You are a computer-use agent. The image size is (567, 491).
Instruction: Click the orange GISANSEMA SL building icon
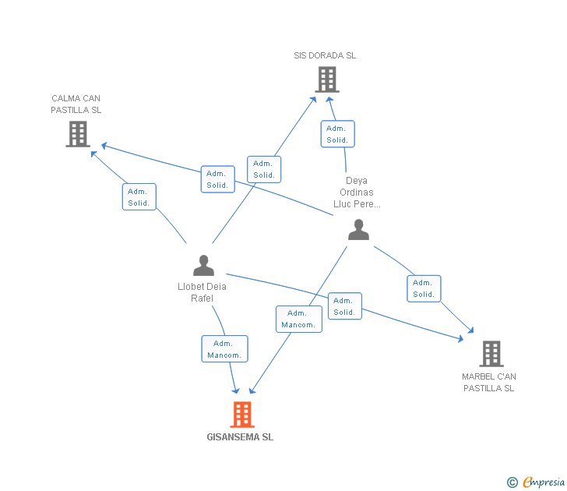coord(242,414)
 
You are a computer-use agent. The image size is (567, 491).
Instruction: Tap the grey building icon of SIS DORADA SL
coord(327,79)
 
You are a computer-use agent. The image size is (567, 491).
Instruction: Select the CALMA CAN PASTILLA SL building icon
coord(78,133)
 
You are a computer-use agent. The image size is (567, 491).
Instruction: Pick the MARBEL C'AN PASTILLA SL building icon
coord(491,353)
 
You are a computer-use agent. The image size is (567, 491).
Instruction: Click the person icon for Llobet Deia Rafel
coord(202,265)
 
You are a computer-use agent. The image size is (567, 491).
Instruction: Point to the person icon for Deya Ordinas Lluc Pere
coord(358,229)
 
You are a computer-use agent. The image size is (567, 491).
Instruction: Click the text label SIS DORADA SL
coord(325,55)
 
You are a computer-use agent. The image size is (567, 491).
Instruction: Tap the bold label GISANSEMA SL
coord(240,437)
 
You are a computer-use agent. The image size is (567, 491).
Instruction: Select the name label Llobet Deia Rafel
coord(202,292)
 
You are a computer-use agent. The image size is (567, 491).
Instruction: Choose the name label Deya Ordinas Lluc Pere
coord(357,193)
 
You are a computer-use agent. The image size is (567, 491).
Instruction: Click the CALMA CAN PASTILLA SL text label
coord(76,104)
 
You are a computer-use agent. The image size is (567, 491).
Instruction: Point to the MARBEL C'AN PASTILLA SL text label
coord(489,382)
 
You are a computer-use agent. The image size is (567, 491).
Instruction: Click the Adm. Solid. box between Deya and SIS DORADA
coord(337,134)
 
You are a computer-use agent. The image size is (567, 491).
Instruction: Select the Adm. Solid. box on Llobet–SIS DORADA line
coord(264,169)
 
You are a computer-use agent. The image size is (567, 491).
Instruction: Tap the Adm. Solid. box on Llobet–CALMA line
coord(139,197)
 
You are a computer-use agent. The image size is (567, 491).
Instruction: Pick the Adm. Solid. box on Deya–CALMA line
coord(217,179)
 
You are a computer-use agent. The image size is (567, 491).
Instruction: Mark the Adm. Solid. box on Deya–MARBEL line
coord(424,288)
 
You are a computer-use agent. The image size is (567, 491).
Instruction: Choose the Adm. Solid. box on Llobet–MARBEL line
coord(344,306)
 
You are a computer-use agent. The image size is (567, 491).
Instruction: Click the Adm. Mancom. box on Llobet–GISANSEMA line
coord(224,349)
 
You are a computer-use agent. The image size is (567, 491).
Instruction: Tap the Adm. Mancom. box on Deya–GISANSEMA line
coord(298,319)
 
